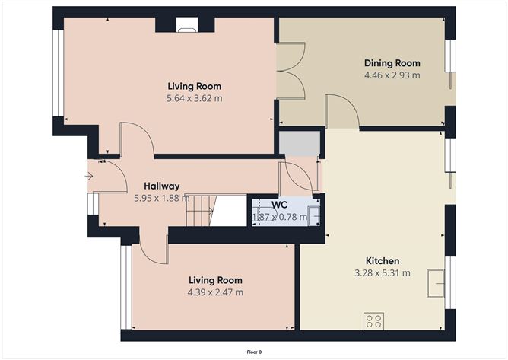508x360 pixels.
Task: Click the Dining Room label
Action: click(x=392, y=63)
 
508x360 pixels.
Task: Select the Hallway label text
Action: click(x=161, y=186)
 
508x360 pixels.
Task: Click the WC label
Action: click(x=281, y=204)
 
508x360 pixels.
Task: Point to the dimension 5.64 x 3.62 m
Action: click(x=194, y=98)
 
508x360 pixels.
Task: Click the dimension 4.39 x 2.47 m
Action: click(x=215, y=292)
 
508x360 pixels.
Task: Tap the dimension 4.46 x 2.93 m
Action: click(x=392, y=75)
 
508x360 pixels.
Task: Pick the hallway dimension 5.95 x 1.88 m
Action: click(x=161, y=198)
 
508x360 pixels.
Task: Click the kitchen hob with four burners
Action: click(x=373, y=320)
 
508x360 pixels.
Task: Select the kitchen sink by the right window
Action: click(x=437, y=283)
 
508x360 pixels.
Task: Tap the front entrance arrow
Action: click(x=89, y=177)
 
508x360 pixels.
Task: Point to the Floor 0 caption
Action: click(x=254, y=352)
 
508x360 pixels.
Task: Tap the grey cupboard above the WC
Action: click(x=299, y=142)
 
